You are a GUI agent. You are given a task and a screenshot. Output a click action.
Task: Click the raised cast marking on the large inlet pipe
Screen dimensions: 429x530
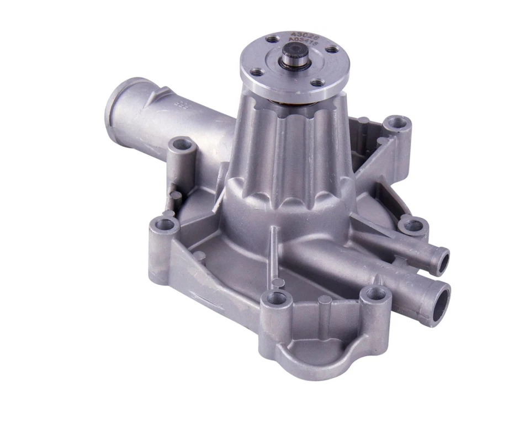click(x=179, y=104)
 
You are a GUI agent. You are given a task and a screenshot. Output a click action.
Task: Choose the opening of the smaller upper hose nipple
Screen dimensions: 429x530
click(x=442, y=261)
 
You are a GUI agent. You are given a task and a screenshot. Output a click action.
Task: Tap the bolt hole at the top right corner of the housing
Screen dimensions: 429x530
click(x=396, y=123)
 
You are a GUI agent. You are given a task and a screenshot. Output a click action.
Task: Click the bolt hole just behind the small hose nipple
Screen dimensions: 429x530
click(x=412, y=225)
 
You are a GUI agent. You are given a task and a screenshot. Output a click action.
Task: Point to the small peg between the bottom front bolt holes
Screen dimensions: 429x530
click(x=325, y=301)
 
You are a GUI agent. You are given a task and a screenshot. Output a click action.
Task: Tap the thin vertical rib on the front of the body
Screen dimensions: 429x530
click(x=272, y=243)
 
